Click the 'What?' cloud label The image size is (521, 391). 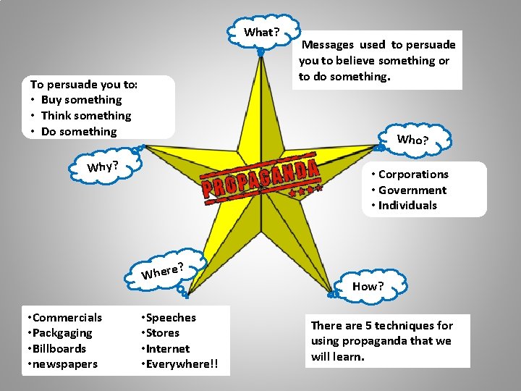point(261,32)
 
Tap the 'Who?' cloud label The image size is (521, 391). point(412,140)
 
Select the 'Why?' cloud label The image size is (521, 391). point(103,167)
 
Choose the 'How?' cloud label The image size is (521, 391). point(368,286)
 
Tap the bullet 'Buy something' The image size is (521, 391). point(81,100)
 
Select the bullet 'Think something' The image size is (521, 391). point(86,116)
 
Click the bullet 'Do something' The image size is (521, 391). point(78,132)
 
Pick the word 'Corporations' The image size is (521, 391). point(413,175)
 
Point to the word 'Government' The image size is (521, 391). point(412,190)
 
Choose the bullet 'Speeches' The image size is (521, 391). point(171,318)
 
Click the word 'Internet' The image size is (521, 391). point(168,349)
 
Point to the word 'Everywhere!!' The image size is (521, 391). point(182,364)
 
